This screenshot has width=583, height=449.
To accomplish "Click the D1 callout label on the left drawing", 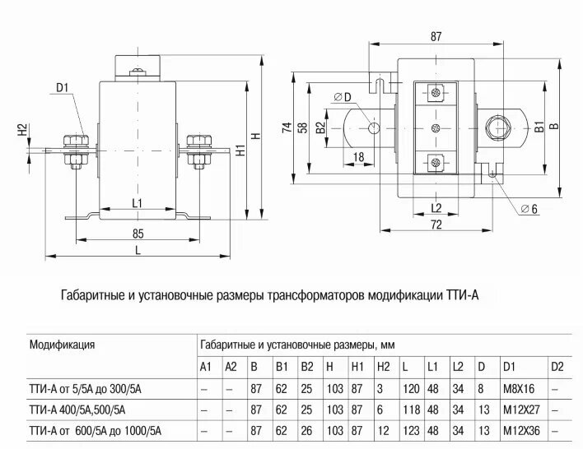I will tap(63, 87).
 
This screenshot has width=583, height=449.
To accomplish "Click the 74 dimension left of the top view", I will tap(287, 127).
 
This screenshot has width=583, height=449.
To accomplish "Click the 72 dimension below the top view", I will tap(436, 224).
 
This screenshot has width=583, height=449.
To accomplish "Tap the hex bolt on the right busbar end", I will tap(498, 128).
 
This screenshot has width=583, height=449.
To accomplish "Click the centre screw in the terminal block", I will tap(436, 127).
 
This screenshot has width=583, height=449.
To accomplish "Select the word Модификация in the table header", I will tap(63, 345).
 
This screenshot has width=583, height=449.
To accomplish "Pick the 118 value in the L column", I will tap(408, 409).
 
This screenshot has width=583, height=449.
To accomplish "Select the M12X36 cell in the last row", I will tap(522, 430).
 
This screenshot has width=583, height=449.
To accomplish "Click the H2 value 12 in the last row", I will tap(382, 430).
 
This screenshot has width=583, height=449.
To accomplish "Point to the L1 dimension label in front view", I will tap(137, 202).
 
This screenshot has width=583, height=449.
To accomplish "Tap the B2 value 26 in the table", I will tap(307, 430).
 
